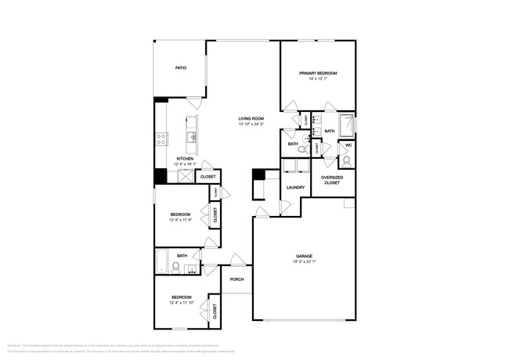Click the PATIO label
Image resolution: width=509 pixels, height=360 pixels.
click(x=180, y=68)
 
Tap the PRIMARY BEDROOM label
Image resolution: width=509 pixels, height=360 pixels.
click(x=317, y=73)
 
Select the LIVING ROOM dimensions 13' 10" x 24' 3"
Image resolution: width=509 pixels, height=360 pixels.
click(x=251, y=124)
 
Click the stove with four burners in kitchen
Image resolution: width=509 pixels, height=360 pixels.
click(x=161, y=139)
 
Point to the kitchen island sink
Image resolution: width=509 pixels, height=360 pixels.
click(x=191, y=138)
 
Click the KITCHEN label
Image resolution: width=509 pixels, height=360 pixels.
click(x=185, y=159)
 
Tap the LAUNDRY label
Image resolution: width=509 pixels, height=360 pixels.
click(x=295, y=187)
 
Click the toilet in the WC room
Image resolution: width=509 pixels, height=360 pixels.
click(x=345, y=162)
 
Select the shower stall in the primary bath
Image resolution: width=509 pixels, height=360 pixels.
click(x=345, y=126)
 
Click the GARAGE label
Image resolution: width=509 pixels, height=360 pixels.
click(x=304, y=256)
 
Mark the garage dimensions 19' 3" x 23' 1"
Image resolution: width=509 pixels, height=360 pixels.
click(x=304, y=261)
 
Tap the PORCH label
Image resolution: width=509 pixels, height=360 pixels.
click(x=236, y=279)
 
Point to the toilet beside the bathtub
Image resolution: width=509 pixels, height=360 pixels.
click(x=176, y=268)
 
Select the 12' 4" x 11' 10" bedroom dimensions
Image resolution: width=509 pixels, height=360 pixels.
click(x=182, y=303)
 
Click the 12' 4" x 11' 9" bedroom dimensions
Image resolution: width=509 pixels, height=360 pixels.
click(x=182, y=220)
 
